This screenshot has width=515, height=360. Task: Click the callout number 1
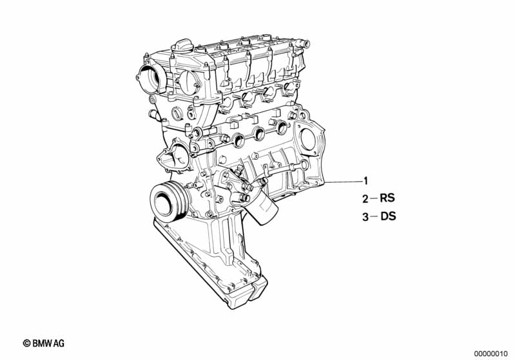coord(365,181)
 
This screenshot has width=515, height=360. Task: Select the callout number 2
coord(365,199)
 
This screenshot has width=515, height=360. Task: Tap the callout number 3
coord(365,217)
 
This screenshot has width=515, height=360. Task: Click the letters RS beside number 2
coord(387,198)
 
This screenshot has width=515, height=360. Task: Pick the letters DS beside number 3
coord(388,216)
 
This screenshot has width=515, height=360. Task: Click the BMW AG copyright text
coord(44,343)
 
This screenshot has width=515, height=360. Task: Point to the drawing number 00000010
coord(491,354)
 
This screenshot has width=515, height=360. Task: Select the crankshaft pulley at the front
coord(168,202)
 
